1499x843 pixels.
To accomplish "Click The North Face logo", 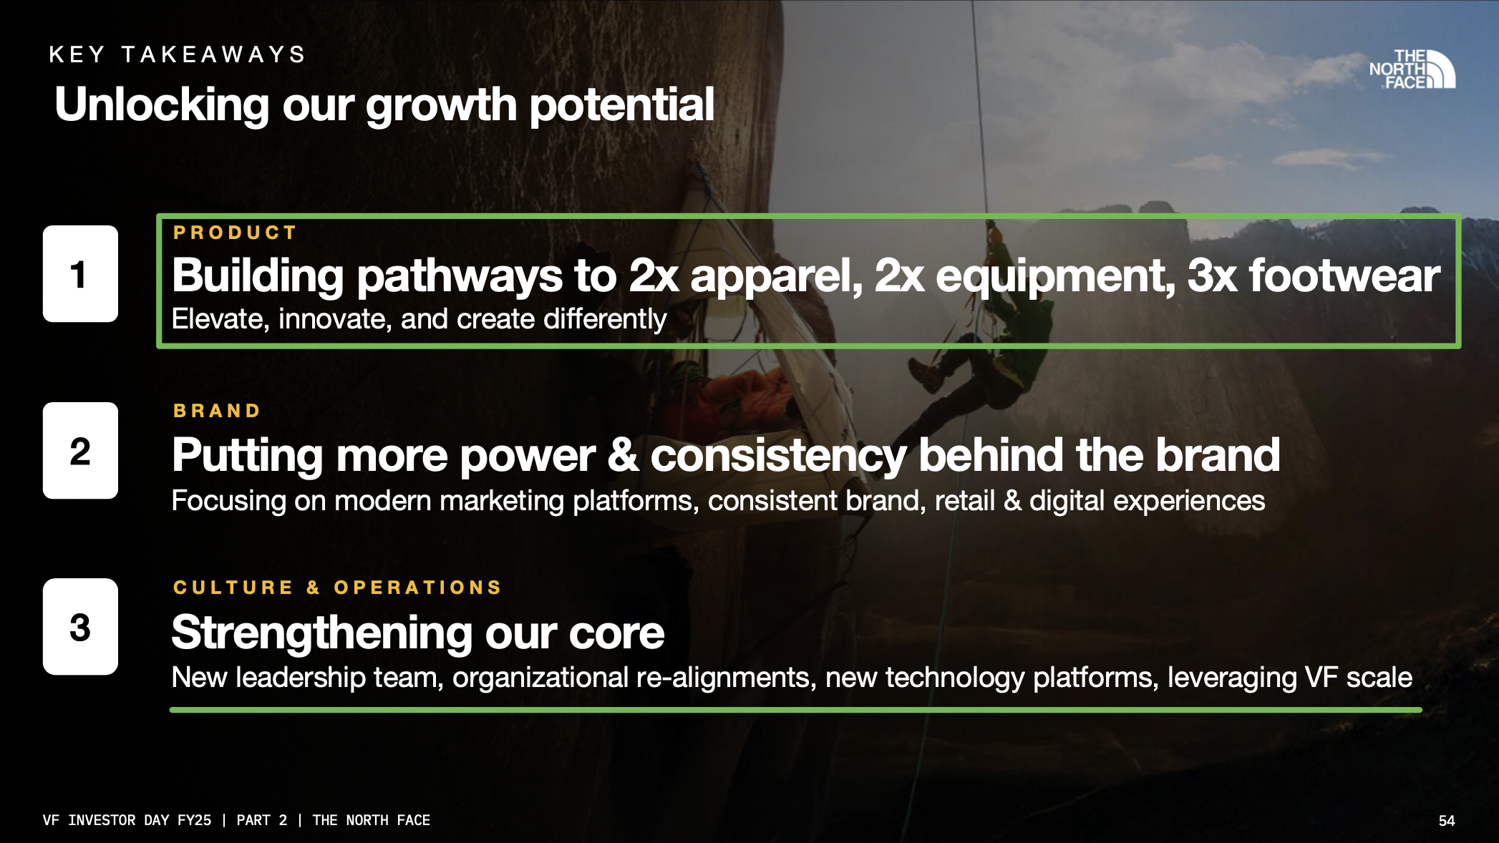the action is [x=1412, y=69].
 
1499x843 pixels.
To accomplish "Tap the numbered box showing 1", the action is [x=80, y=273].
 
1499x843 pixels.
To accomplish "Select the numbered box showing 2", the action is [x=80, y=450].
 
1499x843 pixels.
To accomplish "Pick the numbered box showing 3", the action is [x=80, y=626].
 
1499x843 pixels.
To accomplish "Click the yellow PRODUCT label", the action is [x=235, y=233].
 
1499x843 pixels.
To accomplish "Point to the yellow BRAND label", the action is [x=217, y=411].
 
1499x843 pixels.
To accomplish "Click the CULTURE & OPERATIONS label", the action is [x=337, y=588].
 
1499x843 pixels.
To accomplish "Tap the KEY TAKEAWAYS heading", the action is [x=178, y=54].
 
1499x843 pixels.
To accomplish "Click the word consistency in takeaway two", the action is [x=778, y=456].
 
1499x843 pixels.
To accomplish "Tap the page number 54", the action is [x=1447, y=821].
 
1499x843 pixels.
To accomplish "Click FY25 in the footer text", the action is [x=194, y=820].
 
